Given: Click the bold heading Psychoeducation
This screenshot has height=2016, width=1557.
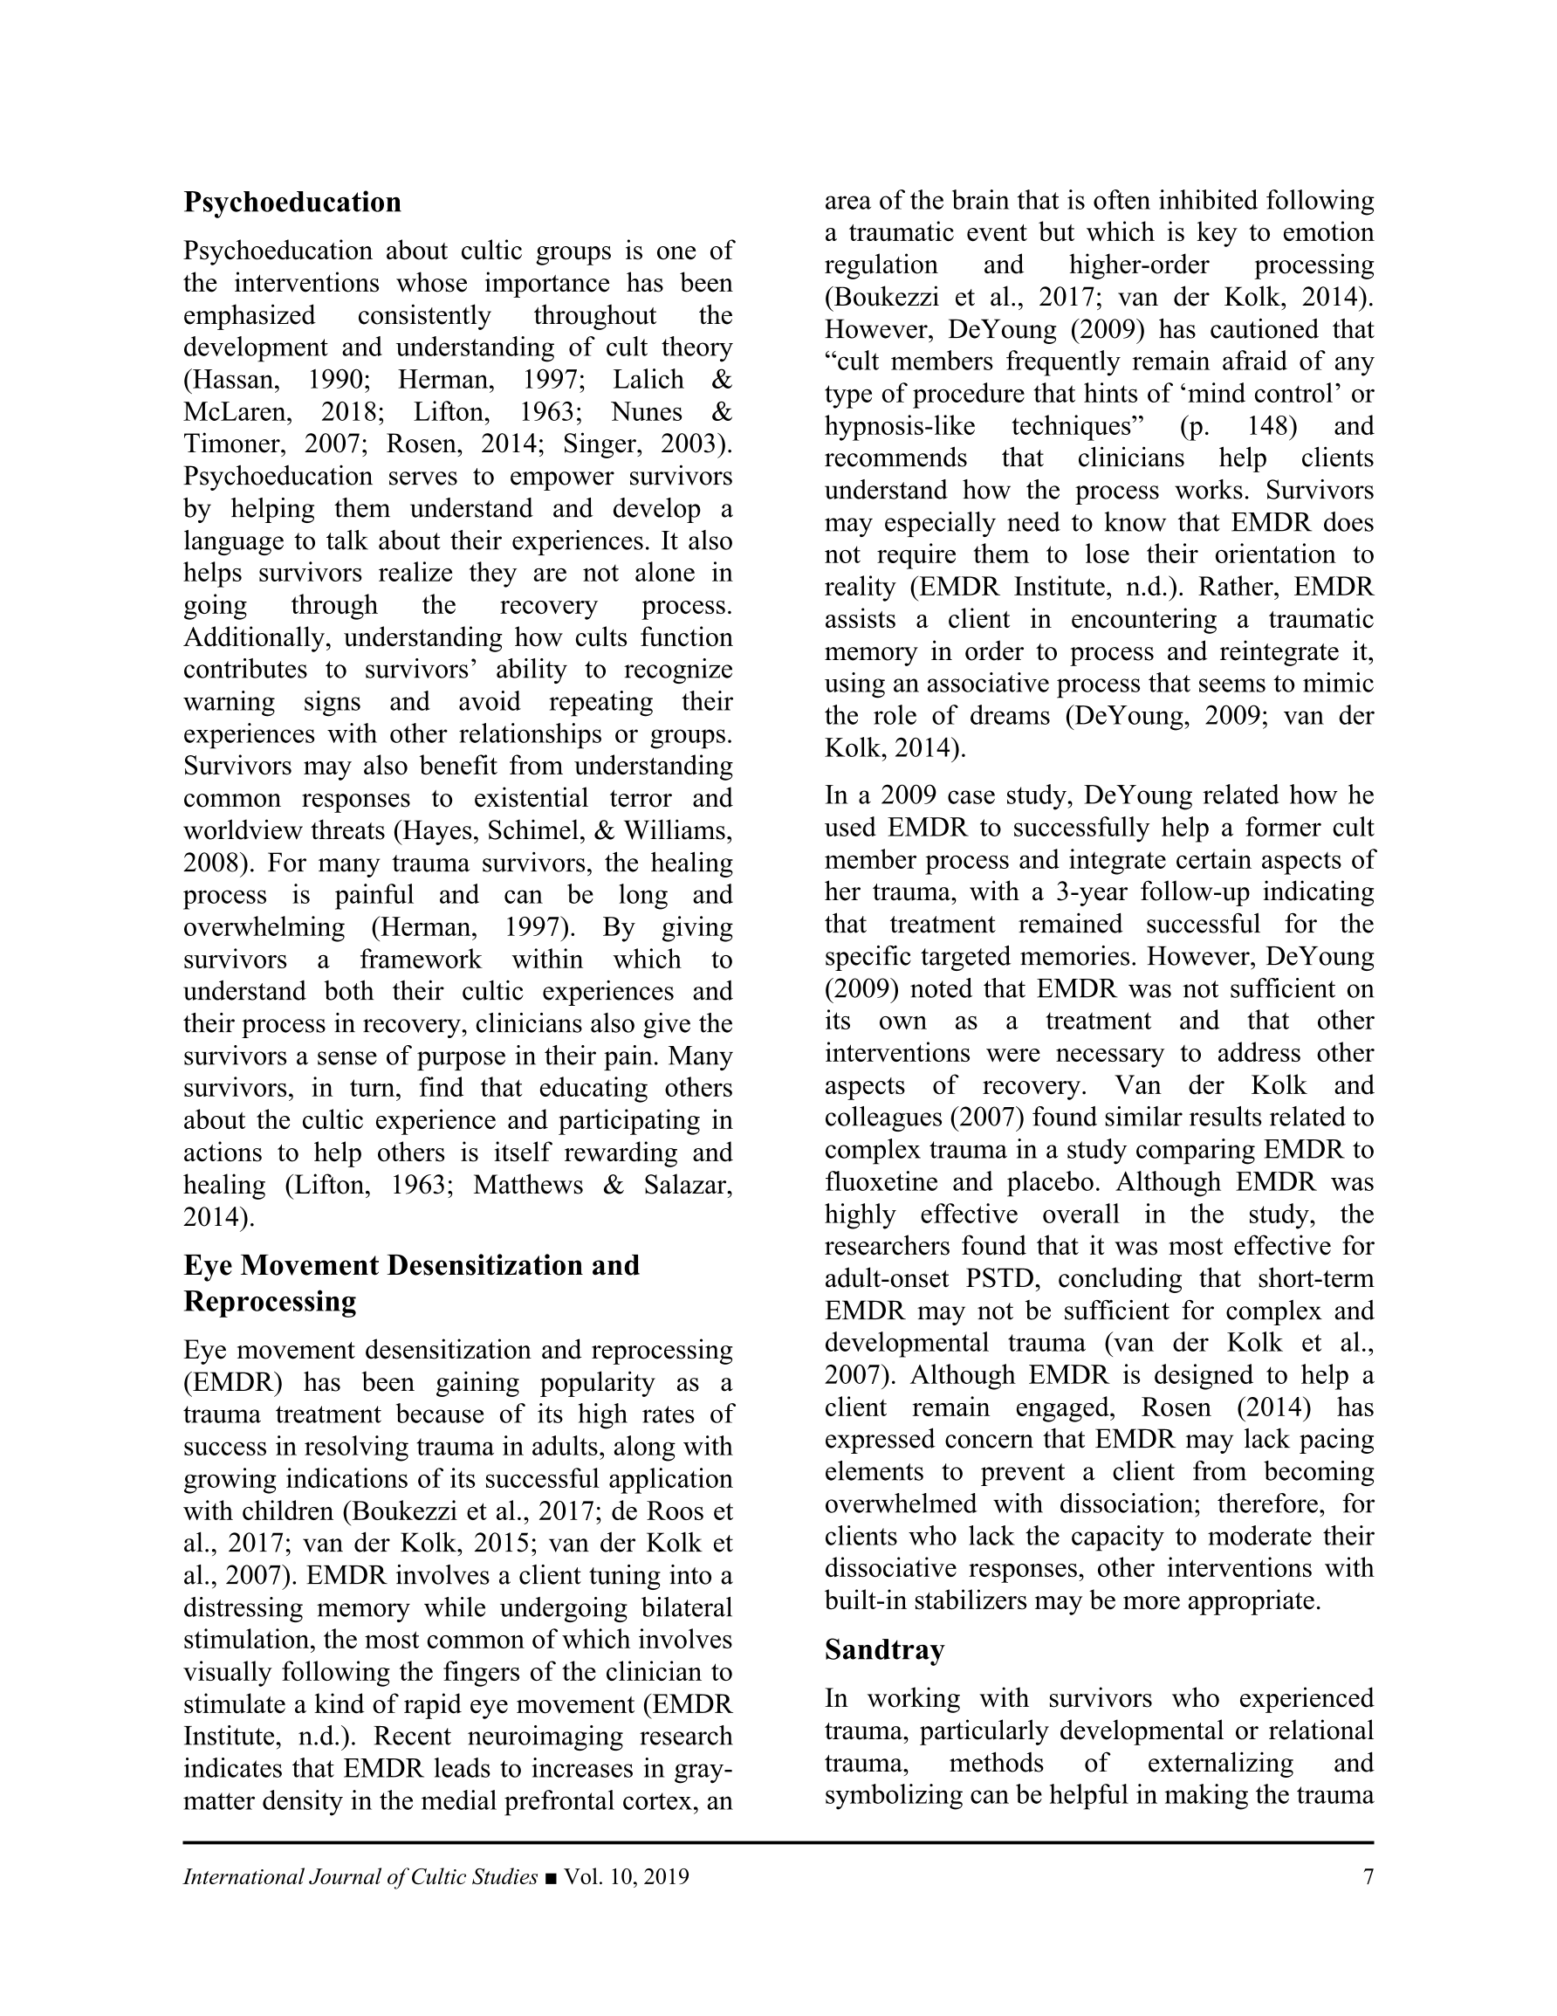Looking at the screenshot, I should click(x=292, y=203).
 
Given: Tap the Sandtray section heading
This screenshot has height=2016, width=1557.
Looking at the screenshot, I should click(x=884, y=1649).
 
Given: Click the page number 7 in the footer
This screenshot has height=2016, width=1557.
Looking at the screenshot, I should click(x=1368, y=1876).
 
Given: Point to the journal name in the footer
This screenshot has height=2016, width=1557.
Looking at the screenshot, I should click(x=360, y=1876).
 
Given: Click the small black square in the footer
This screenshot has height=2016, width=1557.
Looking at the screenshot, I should click(x=551, y=1877).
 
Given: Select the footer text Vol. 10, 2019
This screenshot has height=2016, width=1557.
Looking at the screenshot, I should click(x=627, y=1876).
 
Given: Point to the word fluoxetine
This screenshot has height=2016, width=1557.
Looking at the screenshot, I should click(x=881, y=1181).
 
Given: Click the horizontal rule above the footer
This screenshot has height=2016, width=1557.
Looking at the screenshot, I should click(x=778, y=1842).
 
